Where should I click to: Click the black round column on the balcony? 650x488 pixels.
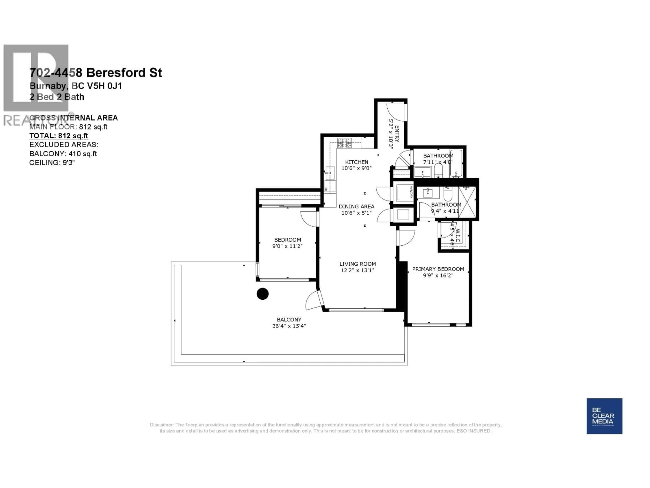point(262,294)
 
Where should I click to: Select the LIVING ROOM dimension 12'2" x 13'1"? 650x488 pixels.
point(357,270)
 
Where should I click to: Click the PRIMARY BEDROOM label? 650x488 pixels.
point(438,269)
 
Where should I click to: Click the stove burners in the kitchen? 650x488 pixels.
point(344,143)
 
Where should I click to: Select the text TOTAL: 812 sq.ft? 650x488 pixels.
point(58,136)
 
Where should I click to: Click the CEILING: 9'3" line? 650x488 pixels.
point(52,163)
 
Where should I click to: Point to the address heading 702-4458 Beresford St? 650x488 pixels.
point(95,73)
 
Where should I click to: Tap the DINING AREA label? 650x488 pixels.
point(356,207)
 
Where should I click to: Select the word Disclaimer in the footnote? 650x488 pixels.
point(161,425)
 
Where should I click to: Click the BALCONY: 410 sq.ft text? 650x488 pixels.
point(63,154)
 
